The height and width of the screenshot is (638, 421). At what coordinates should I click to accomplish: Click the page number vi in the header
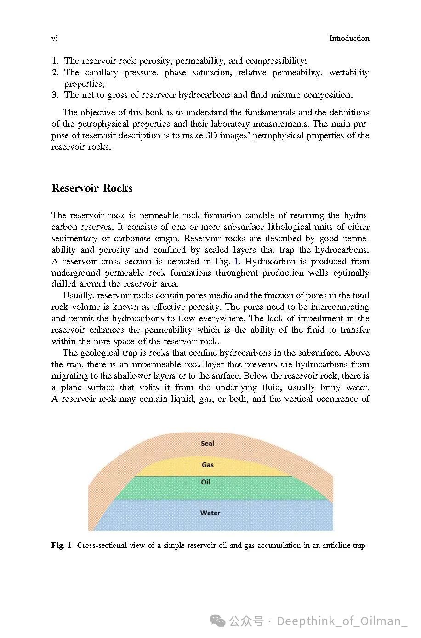pos(54,39)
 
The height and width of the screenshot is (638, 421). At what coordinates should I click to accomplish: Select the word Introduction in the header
pos(349,39)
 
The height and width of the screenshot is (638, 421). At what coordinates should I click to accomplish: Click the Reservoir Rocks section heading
pos(92,188)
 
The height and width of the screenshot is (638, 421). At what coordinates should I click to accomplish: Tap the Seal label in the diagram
pos(207,444)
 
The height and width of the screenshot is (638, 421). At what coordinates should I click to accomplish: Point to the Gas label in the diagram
pos(208,465)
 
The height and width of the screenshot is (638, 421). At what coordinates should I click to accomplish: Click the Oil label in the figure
pos(205,482)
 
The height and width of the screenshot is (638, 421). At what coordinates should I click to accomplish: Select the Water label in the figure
pos(210,513)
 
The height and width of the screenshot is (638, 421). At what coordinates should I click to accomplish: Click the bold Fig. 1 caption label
pos(62,546)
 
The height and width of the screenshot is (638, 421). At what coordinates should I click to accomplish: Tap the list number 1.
pos(55,61)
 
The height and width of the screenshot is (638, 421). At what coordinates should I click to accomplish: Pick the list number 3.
pos(55,95)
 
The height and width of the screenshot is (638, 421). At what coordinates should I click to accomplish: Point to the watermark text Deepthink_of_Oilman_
pos(342,621)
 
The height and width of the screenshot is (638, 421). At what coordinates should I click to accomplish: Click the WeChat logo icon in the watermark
pos(217,621)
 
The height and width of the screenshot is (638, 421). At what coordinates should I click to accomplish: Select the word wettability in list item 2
pos(349,73)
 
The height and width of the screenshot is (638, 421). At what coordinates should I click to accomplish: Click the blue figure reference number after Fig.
pos(236,262)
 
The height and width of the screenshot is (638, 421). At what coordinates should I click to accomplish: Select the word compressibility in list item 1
pos(275,61)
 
